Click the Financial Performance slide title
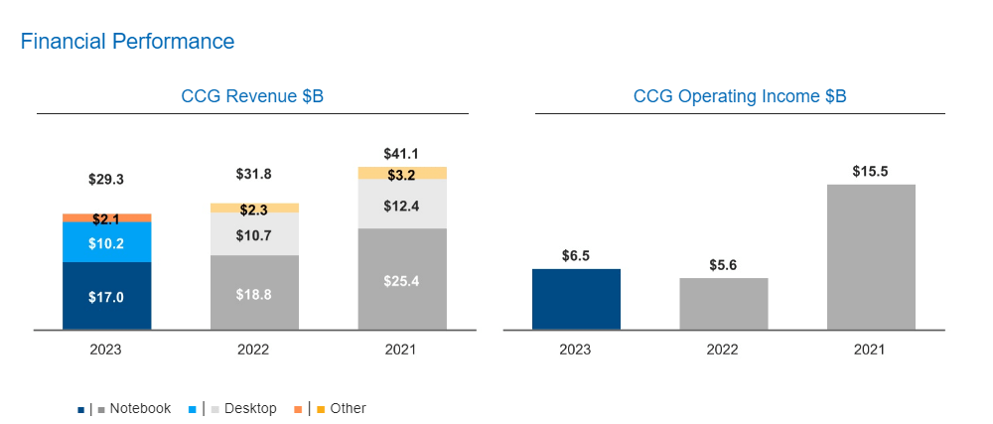(127, 42)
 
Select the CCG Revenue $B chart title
(252, 96)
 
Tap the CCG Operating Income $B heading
(740, 96)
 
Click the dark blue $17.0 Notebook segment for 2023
(106, 296)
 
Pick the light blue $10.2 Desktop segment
(106, 242)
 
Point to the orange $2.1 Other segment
(106, 217)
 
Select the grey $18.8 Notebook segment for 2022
(254, 293)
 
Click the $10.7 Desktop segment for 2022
(254, 234)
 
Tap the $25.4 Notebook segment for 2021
(402, 280)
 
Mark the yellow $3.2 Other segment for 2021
(402, 174)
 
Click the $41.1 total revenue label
(402, 154)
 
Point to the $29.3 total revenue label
(106, 180)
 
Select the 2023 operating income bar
(576, 299)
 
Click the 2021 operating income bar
(871, 257)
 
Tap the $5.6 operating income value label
(724, 265)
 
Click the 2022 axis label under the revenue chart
(253, 350)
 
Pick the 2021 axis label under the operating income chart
(871, 350)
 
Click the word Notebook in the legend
(140, 408)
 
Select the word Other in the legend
(348, 408)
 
